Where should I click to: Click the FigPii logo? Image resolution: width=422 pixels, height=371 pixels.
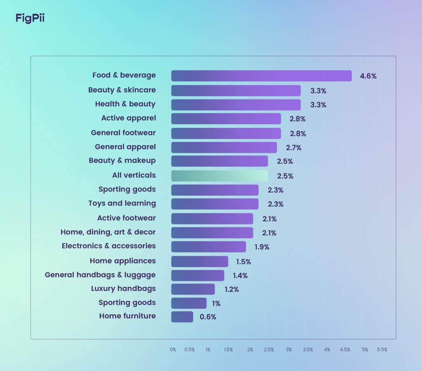tap(30, 19)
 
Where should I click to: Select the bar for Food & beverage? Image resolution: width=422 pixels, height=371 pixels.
tap(261, 76)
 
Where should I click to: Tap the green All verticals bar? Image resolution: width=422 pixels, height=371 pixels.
tap(219, 176)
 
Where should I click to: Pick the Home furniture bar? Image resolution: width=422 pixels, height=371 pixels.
tap(182, 317)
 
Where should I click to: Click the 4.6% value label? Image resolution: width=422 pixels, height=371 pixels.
tap(368, 76)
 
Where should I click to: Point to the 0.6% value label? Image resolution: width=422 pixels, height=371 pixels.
tap(208, 317)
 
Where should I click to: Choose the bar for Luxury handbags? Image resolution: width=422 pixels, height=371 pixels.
tap(193, 289)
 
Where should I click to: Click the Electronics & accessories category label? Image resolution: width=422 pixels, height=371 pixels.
tap(109, 246)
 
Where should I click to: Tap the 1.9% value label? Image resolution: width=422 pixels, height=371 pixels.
tap(261, 247)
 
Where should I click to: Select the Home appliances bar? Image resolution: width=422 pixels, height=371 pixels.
tap(199, 261)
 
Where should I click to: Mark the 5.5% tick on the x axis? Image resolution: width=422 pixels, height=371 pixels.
tap(382, 350)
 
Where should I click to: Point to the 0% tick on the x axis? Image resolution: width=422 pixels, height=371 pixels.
tap(173, 350)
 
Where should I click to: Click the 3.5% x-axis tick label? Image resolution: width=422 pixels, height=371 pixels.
tap(308, 350)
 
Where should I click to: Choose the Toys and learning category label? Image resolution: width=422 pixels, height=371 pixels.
tap(122, 203)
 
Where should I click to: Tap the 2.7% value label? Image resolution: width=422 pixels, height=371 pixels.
tap(293, 148)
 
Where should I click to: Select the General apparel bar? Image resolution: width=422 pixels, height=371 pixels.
tap(224, 147)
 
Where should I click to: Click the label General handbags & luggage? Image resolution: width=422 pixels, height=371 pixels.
tap(100, 275)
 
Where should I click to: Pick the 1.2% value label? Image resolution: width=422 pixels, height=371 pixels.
tap(231, 289)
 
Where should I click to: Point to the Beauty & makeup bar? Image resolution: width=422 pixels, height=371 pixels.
tap(219, 161)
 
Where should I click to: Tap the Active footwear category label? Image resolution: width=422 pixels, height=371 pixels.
tap(127, 218)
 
